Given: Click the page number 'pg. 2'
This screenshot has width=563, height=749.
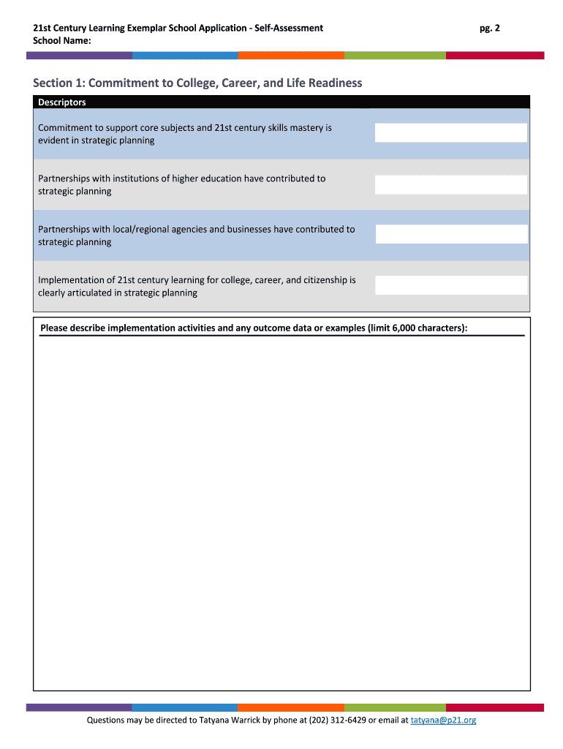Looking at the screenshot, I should pos(489,28).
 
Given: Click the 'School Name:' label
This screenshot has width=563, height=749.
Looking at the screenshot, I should pos(62,40).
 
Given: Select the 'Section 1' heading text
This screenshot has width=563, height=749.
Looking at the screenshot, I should pos(197,83).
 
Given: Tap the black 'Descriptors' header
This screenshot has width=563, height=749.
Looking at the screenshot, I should pos(62,102).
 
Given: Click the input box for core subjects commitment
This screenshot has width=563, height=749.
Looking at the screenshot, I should pos(450,132).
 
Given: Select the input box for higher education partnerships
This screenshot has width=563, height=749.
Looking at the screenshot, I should pos(450,184).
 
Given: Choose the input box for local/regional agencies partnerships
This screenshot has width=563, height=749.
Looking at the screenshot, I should pos(450,234).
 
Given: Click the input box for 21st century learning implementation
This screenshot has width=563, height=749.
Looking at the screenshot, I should pos(450,285).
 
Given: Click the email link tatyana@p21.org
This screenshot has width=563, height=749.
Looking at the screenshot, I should pos(443,720).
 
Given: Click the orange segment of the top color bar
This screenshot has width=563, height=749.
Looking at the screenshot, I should pos(291,55).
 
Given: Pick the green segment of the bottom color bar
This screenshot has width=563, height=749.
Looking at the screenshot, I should pos(395,707).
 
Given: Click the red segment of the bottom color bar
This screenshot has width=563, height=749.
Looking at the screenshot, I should pos(494,707).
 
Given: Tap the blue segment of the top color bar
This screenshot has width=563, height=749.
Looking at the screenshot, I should pos(185,55).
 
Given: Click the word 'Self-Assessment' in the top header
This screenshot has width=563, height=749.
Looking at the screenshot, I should pos(288,28).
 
